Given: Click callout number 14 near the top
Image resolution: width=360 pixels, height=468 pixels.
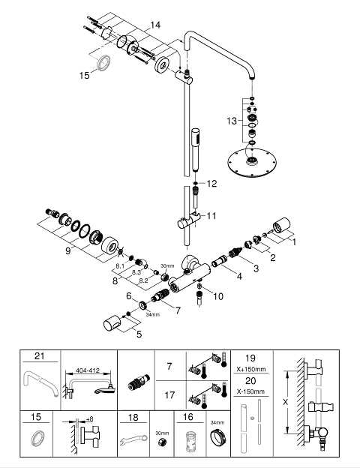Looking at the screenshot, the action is pyautogui.click(x=155, y=25).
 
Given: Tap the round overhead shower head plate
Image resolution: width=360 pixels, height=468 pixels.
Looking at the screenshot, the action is pyautogui.click(x=252, y=163).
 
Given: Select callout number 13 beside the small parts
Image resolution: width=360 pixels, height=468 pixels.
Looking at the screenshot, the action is pyautogui.click(x=231, y=121).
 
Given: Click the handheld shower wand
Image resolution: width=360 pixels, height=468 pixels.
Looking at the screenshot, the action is pyautogui.click(x=196, y=149).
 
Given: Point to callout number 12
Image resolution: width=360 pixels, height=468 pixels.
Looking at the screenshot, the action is pyautogui.click(x=211, y=184).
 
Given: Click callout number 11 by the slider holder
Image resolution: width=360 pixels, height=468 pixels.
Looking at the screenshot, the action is pyautogui.click(x=211, y=215).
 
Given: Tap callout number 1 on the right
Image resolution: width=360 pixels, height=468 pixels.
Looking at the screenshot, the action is pyautogui.click(x=294, y=241).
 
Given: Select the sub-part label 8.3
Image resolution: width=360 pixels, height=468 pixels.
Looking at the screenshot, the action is pyautogui.click(x=136, y=272).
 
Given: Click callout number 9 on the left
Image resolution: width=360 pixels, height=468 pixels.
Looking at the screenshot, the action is pyautogui.click(x=68, y=250).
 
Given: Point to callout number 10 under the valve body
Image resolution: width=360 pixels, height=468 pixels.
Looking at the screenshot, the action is pyautogui.click(x=218, y=296).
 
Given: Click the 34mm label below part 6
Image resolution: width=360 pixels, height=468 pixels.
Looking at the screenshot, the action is pyautogui.click(x=153, y=314).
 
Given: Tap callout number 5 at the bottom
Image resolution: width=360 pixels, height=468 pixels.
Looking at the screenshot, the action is pyautogui.click(x=139, y=334).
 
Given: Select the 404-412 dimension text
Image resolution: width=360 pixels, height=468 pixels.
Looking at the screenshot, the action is pyautogui.click(x=88, y=370).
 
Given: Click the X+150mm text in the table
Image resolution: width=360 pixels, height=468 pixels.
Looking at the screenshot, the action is pyautogui.click(x=251, y=369).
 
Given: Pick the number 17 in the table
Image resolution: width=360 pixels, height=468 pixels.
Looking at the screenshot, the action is pyautogui.click(x=169, y=395).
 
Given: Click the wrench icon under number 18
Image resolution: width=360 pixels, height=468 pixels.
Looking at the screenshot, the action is pyautogui.click(x=133, y=439).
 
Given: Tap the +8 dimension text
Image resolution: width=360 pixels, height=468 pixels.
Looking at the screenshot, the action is pyautogui.click(x=89, y=419).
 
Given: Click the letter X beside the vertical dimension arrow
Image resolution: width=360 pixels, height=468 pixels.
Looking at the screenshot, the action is pyautogui.click(x=285, y=402).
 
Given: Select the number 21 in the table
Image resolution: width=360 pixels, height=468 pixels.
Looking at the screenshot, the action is pyautogui.click(x=40, y=356).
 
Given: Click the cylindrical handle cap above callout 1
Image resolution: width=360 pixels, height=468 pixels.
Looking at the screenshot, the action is pyautogui.click(x=281, y=225).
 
